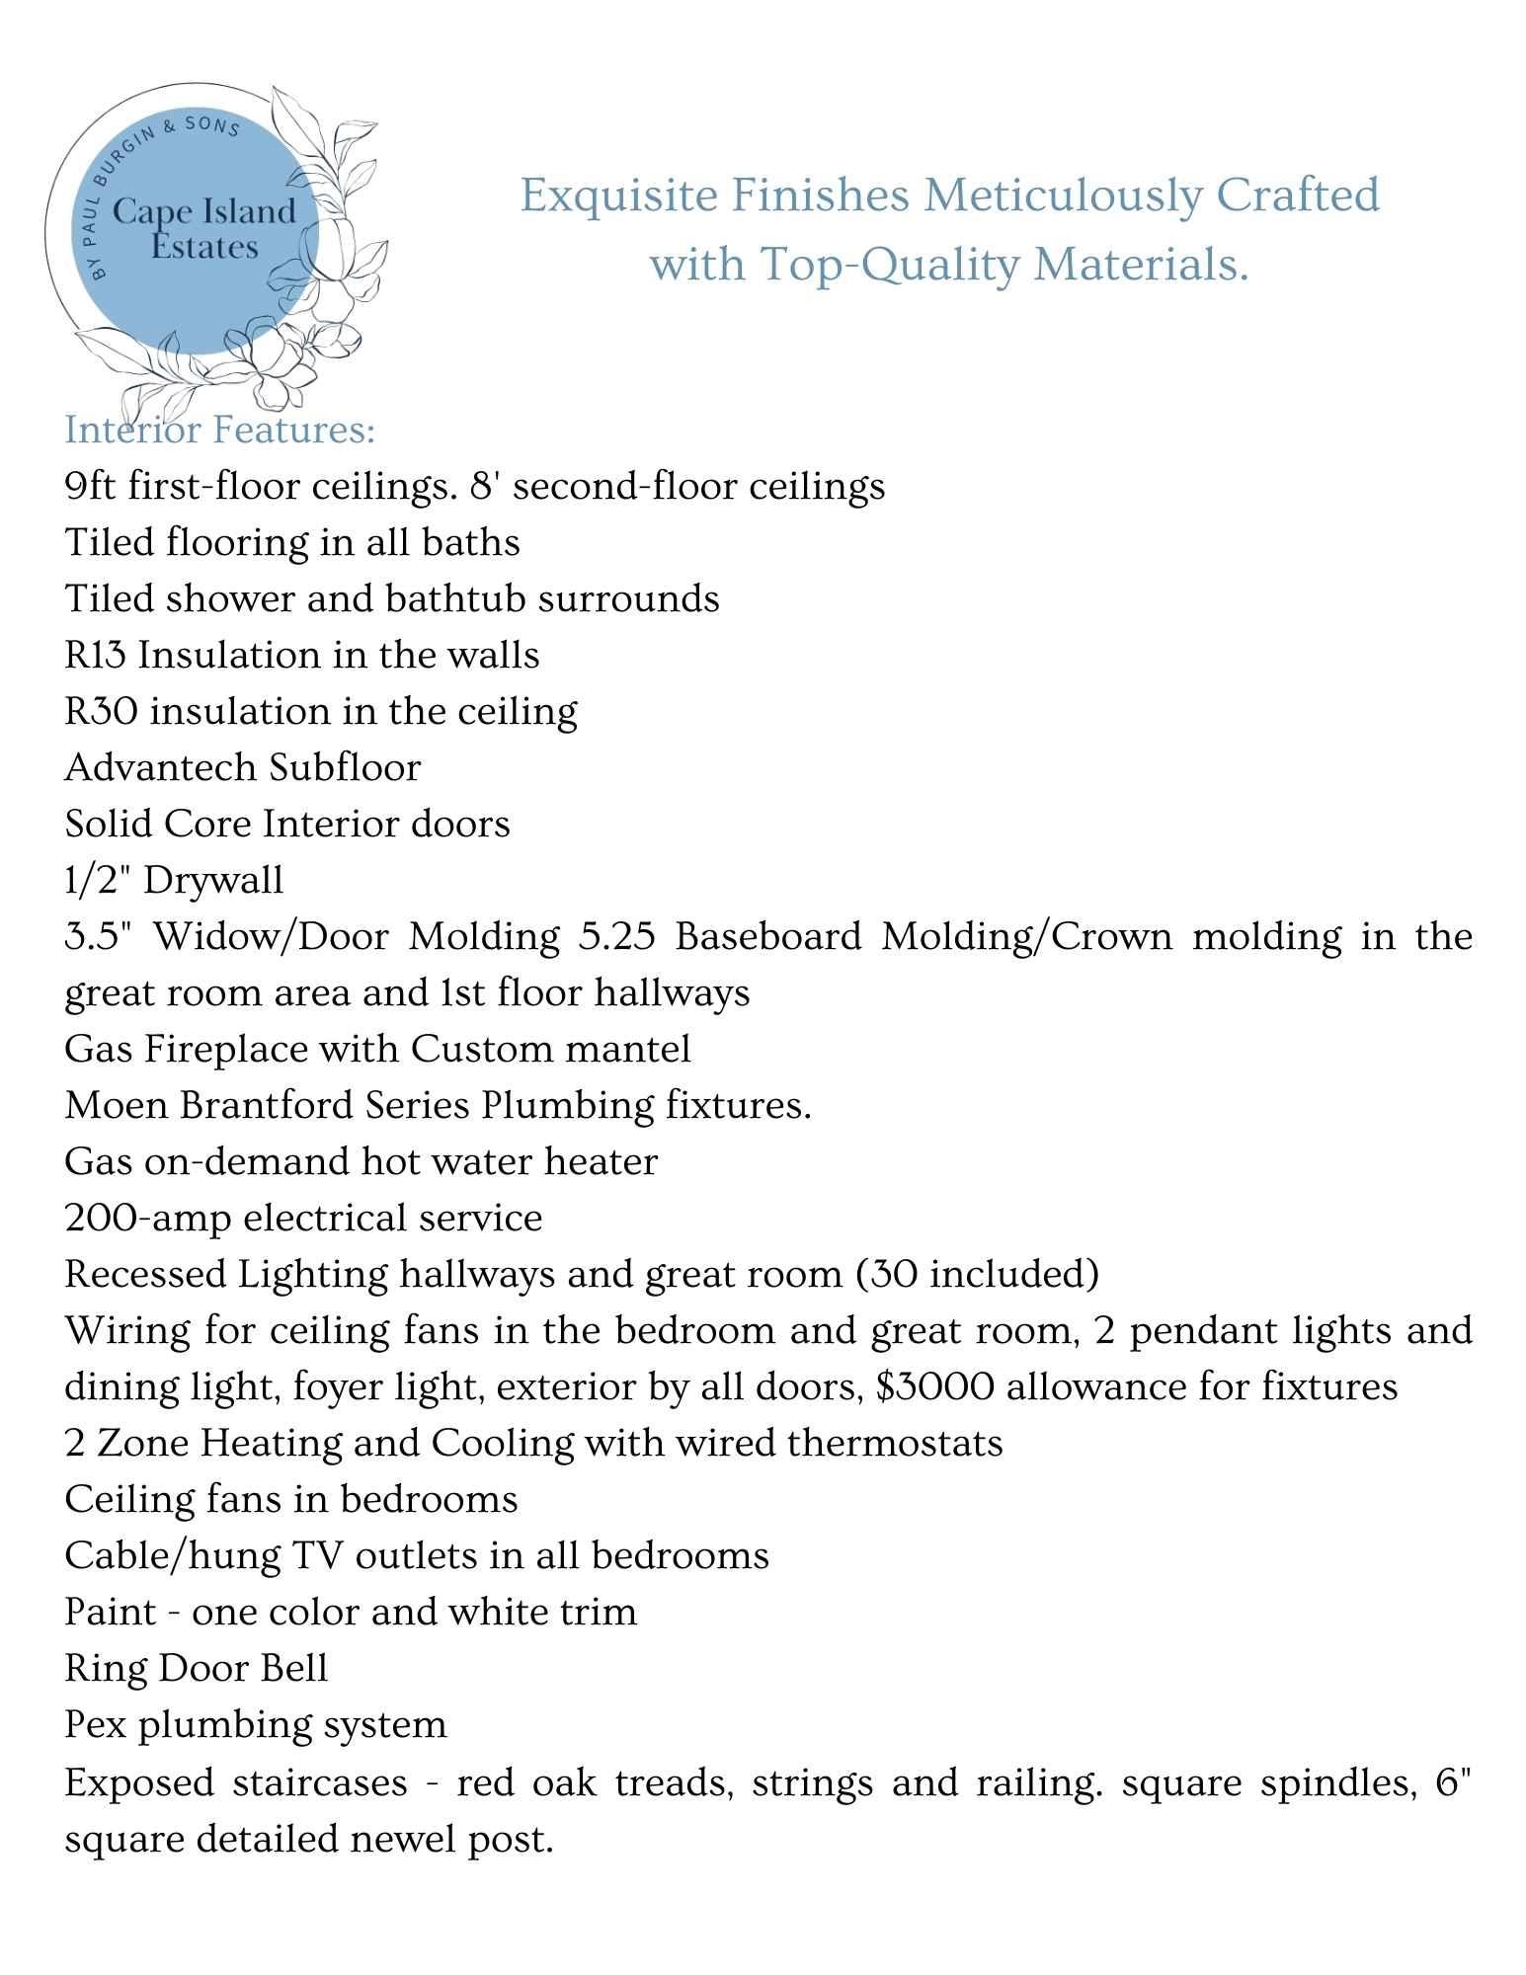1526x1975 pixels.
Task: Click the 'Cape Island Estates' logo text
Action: coord(204,228)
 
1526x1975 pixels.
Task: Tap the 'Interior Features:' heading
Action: coord(219,430)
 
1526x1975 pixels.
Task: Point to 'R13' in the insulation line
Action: coord(96,655)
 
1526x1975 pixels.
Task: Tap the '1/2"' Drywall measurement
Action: coord(98,879)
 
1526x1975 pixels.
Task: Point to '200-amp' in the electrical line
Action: coord(147,1218)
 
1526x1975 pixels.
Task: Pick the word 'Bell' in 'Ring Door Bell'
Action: coord(293,1668)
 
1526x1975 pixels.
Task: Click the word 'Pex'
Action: coord(96,1724)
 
